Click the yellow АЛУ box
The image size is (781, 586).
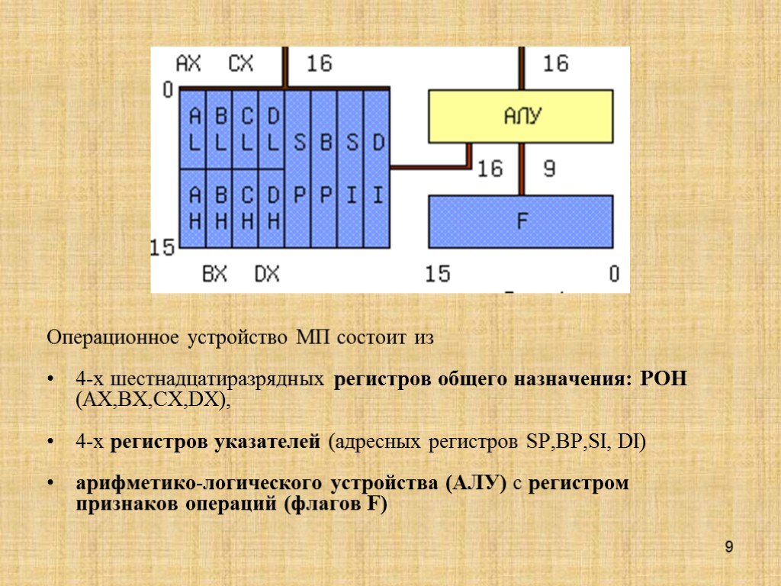521,116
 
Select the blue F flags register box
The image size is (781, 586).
521,221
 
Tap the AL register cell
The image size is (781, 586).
193,129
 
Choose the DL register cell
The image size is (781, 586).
272,129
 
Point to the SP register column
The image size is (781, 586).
299,168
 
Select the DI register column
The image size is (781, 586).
378,168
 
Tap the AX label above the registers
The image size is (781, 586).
188,63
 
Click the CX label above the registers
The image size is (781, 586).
241,63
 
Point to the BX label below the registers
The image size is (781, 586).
214,273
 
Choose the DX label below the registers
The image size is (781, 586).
266,273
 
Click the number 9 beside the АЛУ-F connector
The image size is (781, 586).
549,169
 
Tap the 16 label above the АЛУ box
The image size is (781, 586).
555,63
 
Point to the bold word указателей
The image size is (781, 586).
273,442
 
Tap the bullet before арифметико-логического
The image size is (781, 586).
51,485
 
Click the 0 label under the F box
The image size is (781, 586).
614,273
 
